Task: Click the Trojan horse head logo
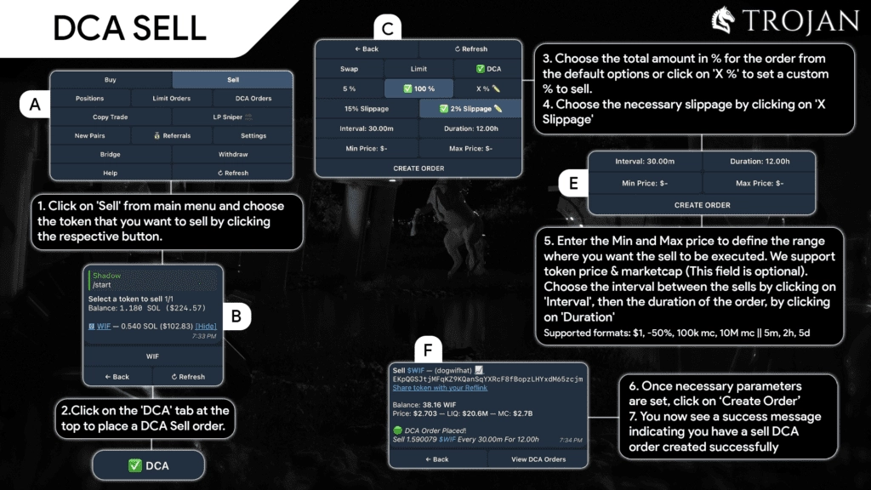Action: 722,21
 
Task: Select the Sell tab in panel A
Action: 232,80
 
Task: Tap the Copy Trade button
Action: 111,117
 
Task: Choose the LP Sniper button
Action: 232,117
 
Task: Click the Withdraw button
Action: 232,155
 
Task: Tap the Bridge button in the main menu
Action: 111,155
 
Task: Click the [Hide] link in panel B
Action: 205,326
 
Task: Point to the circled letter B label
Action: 236,317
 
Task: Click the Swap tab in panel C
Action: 349,69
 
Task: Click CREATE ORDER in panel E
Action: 702,205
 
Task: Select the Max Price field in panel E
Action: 759,183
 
